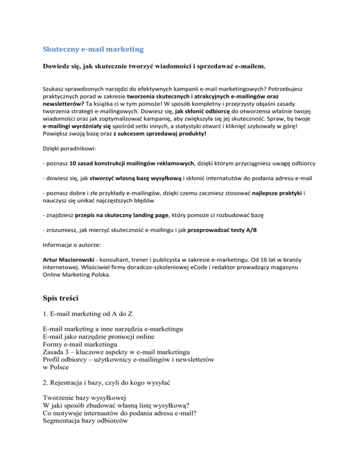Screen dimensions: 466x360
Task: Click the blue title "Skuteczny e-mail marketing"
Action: coord(93,49)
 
